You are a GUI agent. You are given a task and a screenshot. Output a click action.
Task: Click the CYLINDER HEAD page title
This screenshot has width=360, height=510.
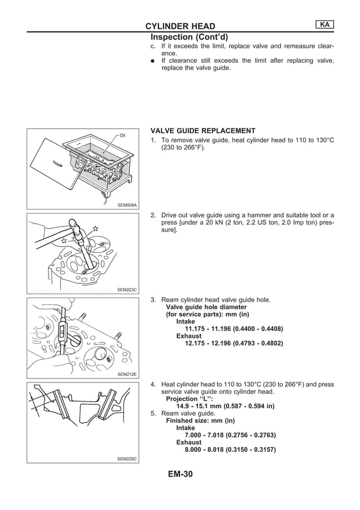180,26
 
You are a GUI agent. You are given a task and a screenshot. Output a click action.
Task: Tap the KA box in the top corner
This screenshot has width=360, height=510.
325,24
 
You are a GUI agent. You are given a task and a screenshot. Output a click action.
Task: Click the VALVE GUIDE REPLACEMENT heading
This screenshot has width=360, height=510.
195,130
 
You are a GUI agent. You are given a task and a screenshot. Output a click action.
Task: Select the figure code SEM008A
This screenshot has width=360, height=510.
127,206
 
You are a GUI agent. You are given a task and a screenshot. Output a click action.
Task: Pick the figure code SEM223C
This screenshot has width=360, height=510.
127,290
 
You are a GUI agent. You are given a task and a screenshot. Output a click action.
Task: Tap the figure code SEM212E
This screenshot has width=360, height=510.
127,374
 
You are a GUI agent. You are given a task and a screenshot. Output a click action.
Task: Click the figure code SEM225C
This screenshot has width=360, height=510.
127,459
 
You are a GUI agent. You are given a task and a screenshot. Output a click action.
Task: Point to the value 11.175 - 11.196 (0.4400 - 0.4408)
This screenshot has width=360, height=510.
234,329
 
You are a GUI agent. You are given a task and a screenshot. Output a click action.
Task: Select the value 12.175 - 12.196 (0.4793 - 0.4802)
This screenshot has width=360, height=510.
234,343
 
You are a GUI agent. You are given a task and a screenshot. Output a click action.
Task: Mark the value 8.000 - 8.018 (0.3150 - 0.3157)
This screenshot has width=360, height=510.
234,450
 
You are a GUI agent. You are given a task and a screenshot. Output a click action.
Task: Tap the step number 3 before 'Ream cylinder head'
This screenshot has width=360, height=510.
152,299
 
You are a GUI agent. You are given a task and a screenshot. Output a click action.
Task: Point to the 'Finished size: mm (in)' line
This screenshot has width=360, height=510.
200,421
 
